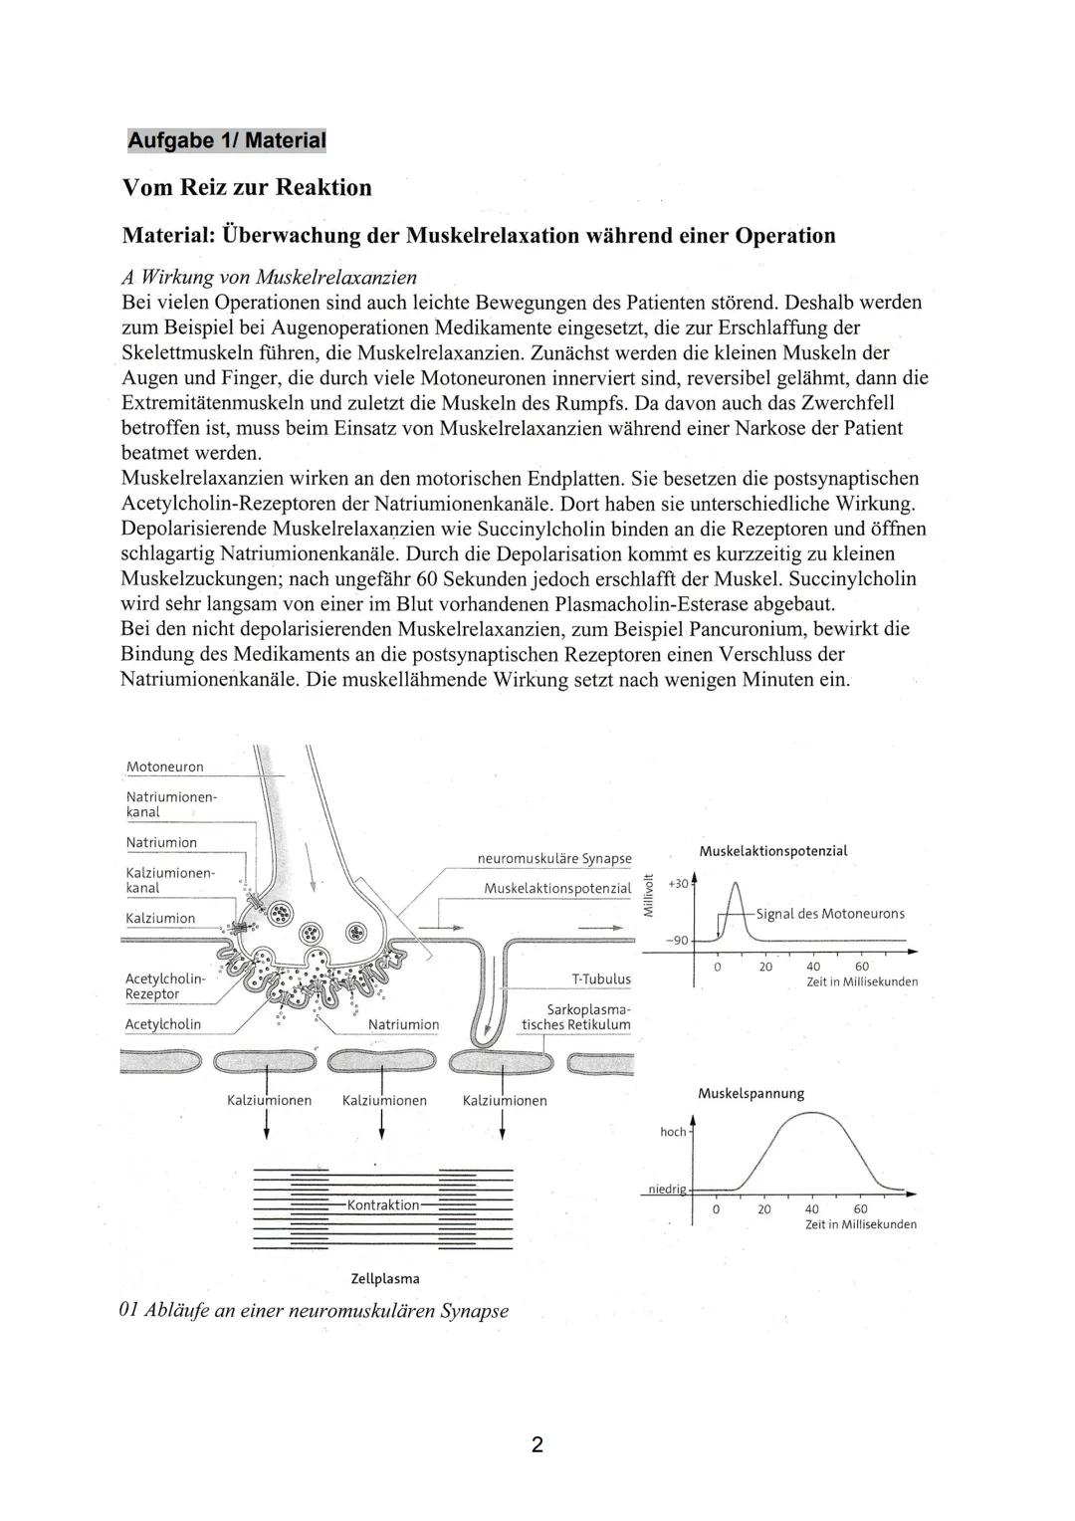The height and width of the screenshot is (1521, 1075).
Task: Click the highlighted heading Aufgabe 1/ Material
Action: click(227, 140)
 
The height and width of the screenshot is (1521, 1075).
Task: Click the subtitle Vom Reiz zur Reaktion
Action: click(246, 187)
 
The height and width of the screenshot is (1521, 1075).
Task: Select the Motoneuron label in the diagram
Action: click(164, 766)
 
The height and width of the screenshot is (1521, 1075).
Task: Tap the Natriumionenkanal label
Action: click(170, 804)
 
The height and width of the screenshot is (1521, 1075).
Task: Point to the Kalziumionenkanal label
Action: click(170, 880)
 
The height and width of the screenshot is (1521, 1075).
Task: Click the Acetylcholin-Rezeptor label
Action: click(164, 985)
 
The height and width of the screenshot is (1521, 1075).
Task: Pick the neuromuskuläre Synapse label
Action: click(554, 858)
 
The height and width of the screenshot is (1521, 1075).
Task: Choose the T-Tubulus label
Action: click(601, 978)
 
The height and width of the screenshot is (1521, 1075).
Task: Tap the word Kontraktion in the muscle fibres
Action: click(383, 1204)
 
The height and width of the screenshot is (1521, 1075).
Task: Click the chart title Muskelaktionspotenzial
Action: click(773, 851)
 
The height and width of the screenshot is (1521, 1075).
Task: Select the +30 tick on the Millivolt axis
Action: click(677, 884)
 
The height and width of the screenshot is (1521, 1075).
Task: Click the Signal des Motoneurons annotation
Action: click(830, 914)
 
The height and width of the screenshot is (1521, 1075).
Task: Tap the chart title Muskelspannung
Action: click(751, 1093)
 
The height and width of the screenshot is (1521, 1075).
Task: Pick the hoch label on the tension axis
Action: click(673, 1132)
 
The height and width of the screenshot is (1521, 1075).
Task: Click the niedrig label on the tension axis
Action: click(667, 1189)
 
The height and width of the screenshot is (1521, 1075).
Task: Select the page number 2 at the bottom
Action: click(537, 1444)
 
